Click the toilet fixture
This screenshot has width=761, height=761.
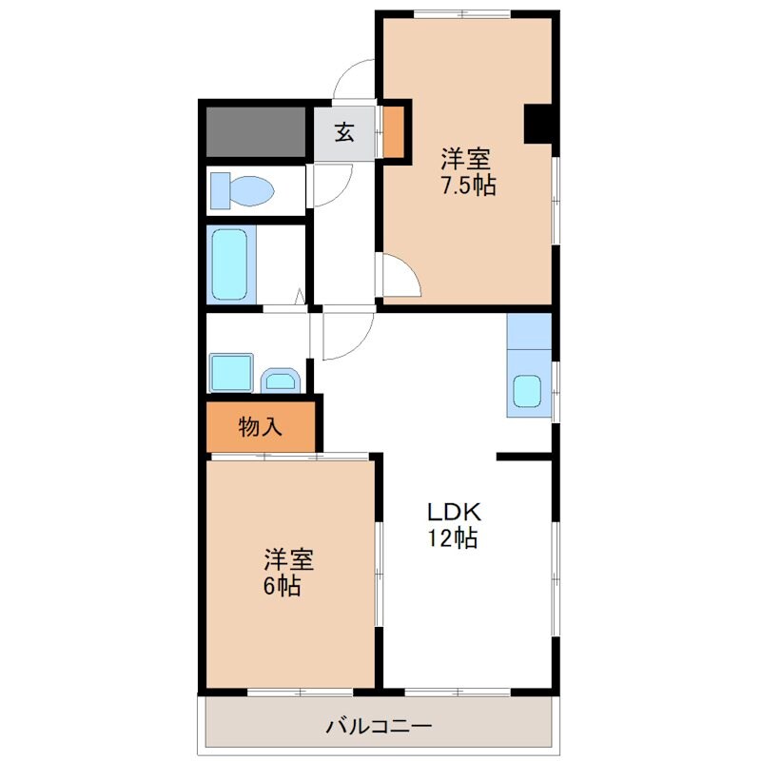pos(242,190)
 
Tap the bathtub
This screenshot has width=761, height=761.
pos(229,264)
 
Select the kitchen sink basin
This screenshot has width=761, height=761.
pos(527,391)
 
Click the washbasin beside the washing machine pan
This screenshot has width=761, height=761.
pos(281,380)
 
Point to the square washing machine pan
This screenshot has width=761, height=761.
pos(231,372)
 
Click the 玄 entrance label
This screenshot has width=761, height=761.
pos(344,132)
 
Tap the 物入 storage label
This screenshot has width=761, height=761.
pos(260,427)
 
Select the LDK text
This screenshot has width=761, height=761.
pos(454,512)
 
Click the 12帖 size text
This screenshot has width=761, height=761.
pos(453,537)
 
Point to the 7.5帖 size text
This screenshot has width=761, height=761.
pos(468,185)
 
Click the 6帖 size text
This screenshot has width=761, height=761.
pos(282,585)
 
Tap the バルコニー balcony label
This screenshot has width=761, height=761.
pos(379,727)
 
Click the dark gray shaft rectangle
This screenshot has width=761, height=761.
pos(256,131)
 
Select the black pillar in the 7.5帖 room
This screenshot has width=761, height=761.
pos(538,124)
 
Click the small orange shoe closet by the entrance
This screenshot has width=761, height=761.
pos(393,131)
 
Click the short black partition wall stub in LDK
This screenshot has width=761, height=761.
pos(524,457)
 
